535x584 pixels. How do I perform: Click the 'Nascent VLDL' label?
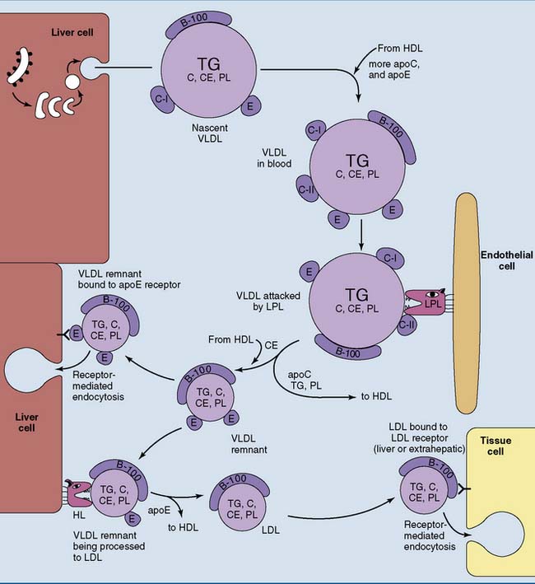(x=195, y=135)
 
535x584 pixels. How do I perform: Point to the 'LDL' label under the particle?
(x=271, y=530)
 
